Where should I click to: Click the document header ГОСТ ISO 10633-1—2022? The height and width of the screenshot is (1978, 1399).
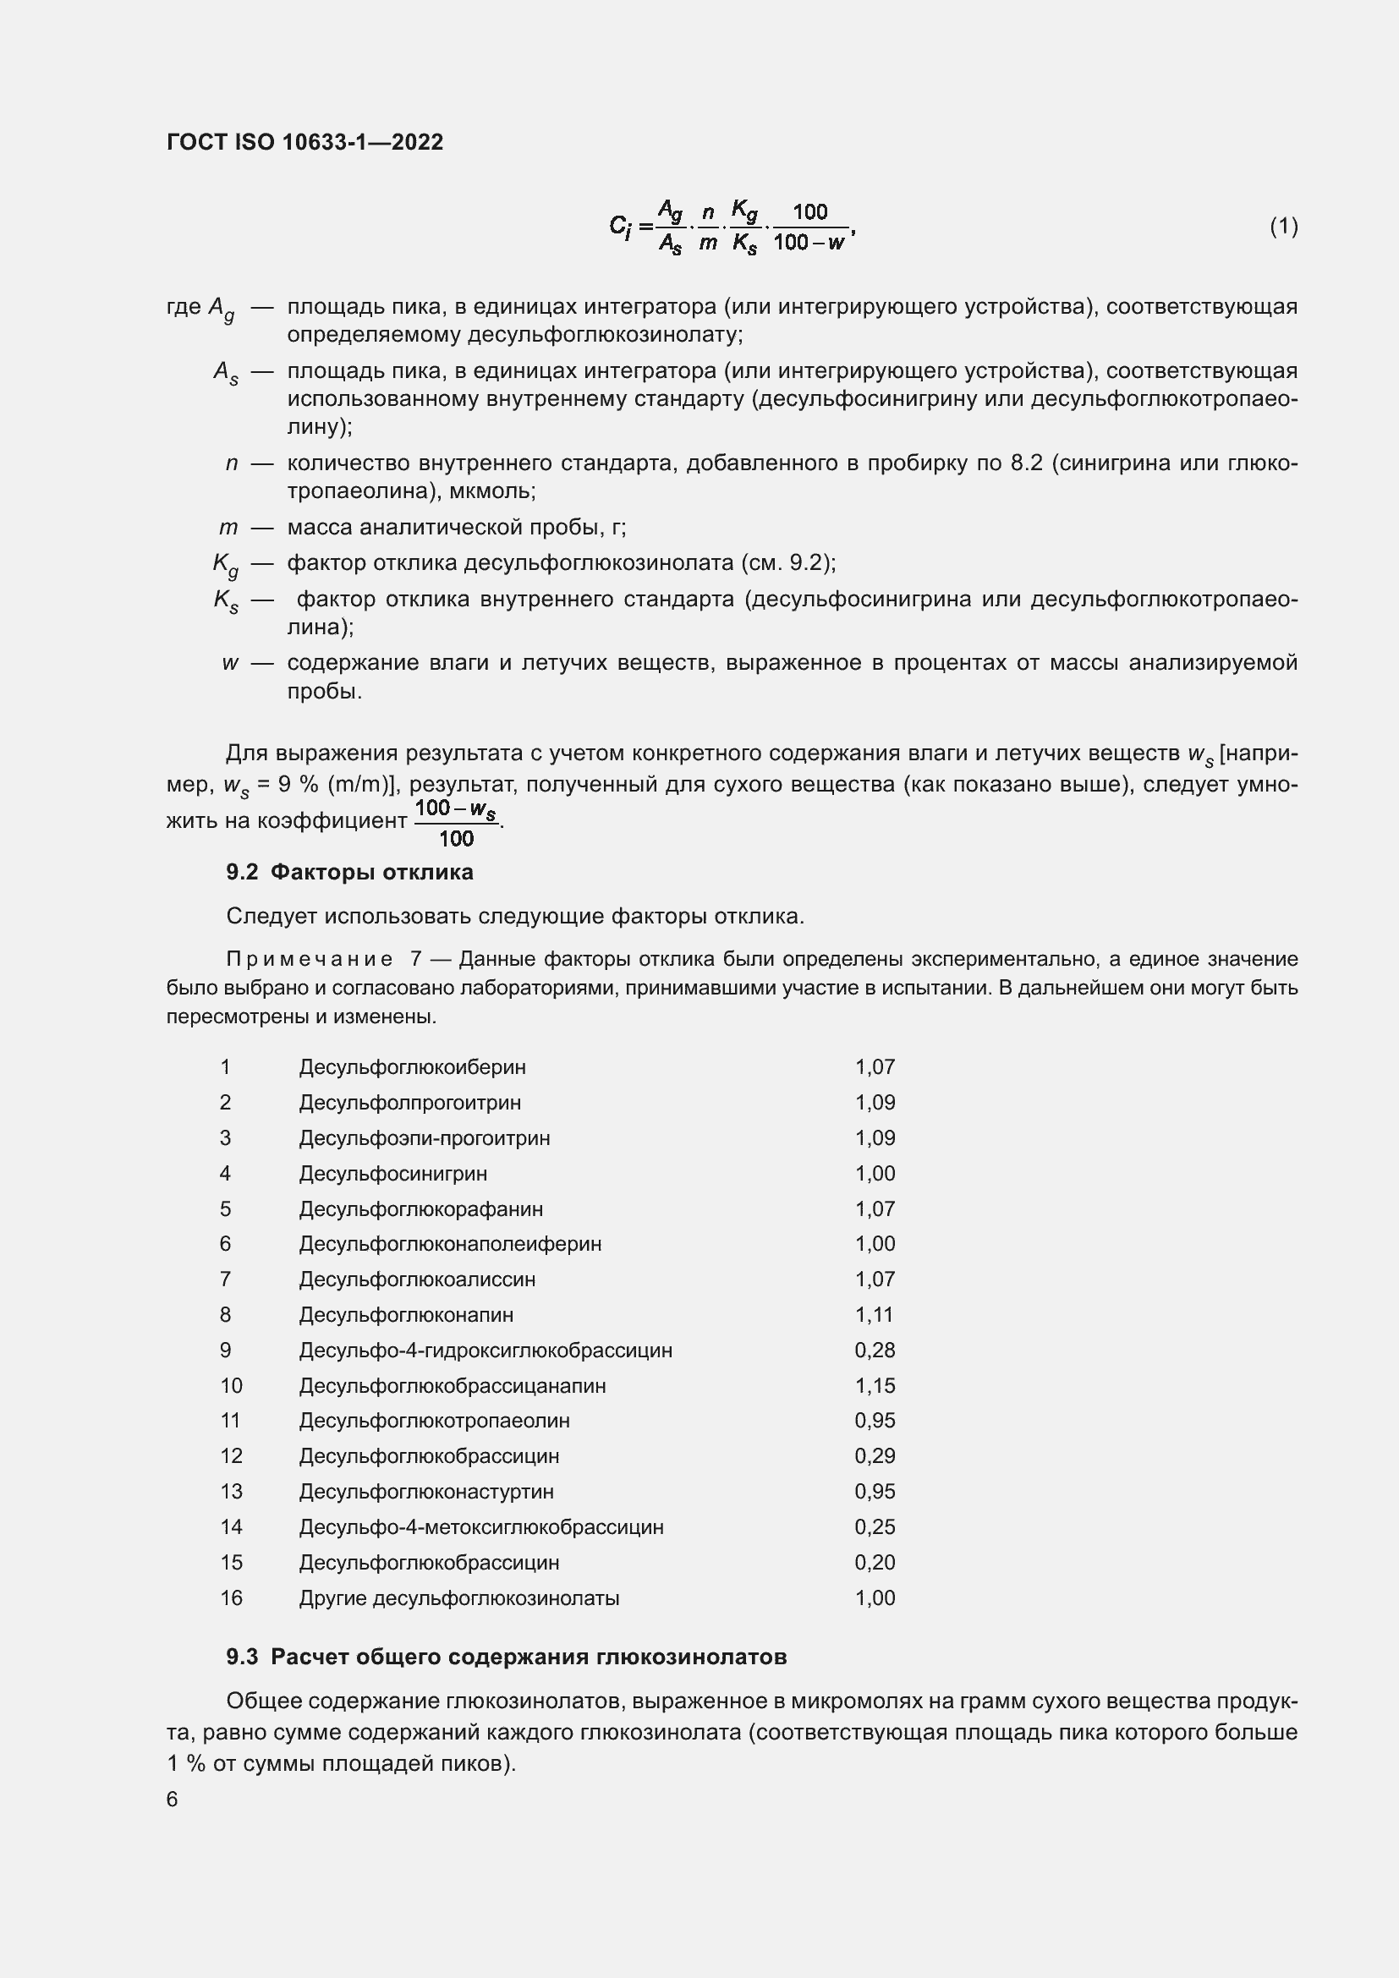pyautogui.click(x=304, y=142)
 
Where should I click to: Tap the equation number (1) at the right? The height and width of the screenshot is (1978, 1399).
pyautogui.click(x=1283, y=227)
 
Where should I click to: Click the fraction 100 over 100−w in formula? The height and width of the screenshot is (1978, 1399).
pyautogui.click(x=809, y=227)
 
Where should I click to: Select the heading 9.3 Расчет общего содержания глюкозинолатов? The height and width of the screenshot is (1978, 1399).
pyautogui.click(x=506, y=1657)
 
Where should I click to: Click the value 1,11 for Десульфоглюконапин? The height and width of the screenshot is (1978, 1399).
pyautogui.click(x=874, y=1315)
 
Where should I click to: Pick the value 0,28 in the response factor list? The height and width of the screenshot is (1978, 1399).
pyautogui.click(x=875, y=1350)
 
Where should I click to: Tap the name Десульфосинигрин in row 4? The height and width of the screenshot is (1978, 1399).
pyautogui.click(x=392, y=1174)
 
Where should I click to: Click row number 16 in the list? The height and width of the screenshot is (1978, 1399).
pyautogui.click(x=231, y=1598)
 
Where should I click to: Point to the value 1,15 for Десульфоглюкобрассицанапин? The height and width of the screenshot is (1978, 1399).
pyautogui.click(x=875, y=1385)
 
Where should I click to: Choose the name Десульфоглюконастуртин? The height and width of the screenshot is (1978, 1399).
pyautogui.click(x=426, y=1491)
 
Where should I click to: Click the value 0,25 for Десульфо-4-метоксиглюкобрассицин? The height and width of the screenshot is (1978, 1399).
pyautogui.click(x=875, y=1526)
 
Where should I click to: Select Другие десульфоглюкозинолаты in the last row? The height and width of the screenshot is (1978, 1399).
pyautogui.click(x=458, y=1598)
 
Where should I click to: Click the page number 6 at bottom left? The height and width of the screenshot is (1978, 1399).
pyautogui.click(x=173, y=1799)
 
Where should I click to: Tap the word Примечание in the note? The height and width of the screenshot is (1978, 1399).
pyautogui.click(x=310, y=959)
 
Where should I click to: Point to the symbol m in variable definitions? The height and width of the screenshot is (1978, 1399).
pyautogui.click(x=228, y=527)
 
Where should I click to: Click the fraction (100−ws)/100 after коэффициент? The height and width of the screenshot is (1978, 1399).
pyautogui.click(x=456, y=823)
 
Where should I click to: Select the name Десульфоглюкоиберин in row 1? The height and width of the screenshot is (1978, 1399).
pyautogui.click(x=412, y=1066)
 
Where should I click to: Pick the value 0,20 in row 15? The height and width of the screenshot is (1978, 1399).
pyautogui.click(x=875, y=1562)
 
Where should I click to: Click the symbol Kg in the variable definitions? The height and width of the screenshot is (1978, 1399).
pyautogui.click(x=225, y=565)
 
